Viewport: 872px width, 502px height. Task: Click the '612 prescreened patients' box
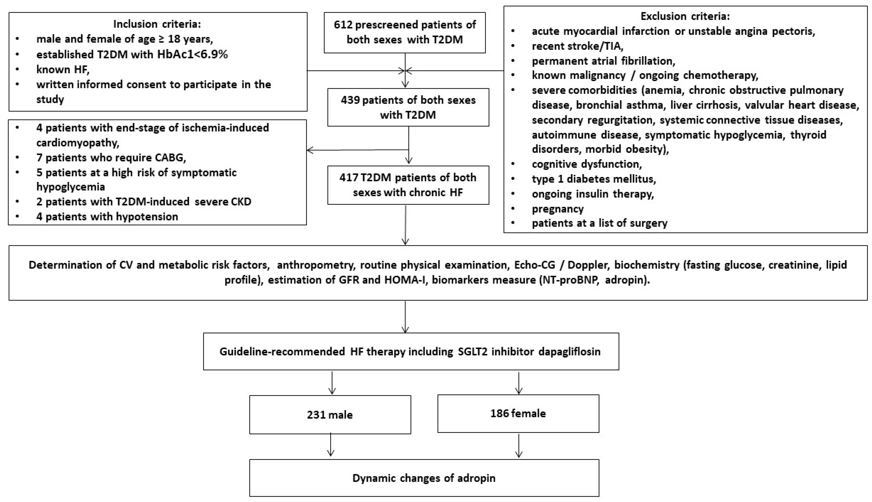[x=404, y=32]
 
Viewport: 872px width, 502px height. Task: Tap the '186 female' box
[x=518, y=414]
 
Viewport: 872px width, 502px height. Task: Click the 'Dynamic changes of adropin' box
[x=424, y=478]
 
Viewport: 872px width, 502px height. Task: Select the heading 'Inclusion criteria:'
[x=157, y=24]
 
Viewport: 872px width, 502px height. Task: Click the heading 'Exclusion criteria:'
[x=685, y=16]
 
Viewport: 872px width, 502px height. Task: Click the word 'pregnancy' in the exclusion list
[x=557, y=209]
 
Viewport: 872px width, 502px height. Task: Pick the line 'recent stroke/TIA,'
[x=577, y=46]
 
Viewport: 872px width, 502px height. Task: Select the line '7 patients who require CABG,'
[x=111, y=158]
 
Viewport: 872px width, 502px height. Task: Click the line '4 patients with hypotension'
[x=107, y=216]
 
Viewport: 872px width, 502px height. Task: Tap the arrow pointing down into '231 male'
[x=332, y=383]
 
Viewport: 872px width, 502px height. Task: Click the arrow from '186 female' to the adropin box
[x=518, y=446]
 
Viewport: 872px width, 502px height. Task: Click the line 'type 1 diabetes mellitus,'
[x=594, y=179]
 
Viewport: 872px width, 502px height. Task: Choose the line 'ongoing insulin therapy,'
[x=592, y=194]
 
